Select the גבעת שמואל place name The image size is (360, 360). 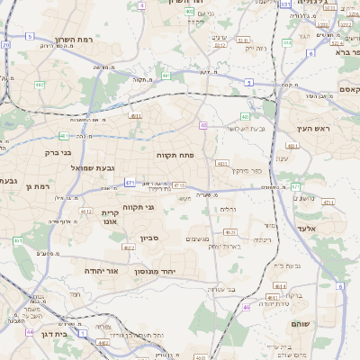point(94,169)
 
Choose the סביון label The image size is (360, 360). point(148,238)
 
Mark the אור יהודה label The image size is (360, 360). point(102,270)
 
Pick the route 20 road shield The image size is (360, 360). point(6,43)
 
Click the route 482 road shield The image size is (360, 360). point(40,85)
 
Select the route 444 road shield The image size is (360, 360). point(287,42)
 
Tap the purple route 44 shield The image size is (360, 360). point(30,331)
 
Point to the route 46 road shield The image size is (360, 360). point(247,307)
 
